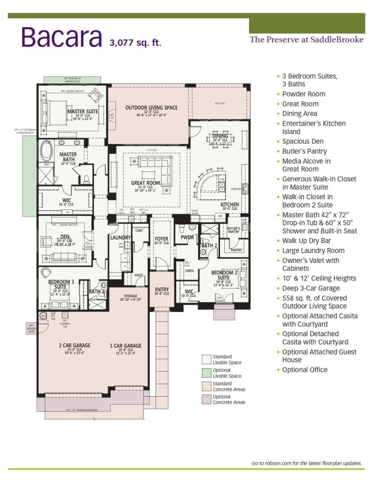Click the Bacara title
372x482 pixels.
click(61, 37)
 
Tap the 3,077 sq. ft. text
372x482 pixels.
click(135, 43)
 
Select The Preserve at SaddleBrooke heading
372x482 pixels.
click(306, 40)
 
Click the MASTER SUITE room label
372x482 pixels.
click(82, 112)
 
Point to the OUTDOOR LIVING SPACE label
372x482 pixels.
click(151, 108)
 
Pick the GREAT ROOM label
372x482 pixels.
click(145, 183)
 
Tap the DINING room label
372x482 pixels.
click(220, 137)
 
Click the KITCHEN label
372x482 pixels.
click(230, 205)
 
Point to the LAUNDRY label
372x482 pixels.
click(120, 238)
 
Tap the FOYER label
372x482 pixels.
click(161, 239)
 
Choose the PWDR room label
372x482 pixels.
click(187, 238)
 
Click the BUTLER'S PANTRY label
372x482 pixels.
click(233, 230)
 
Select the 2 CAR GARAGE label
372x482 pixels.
click(75, 345)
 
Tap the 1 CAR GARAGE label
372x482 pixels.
click(126, 345)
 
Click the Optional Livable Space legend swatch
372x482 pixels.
click(206, 373)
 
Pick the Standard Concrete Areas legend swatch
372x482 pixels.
click(206, 386)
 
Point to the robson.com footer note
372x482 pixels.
click(307, 463)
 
